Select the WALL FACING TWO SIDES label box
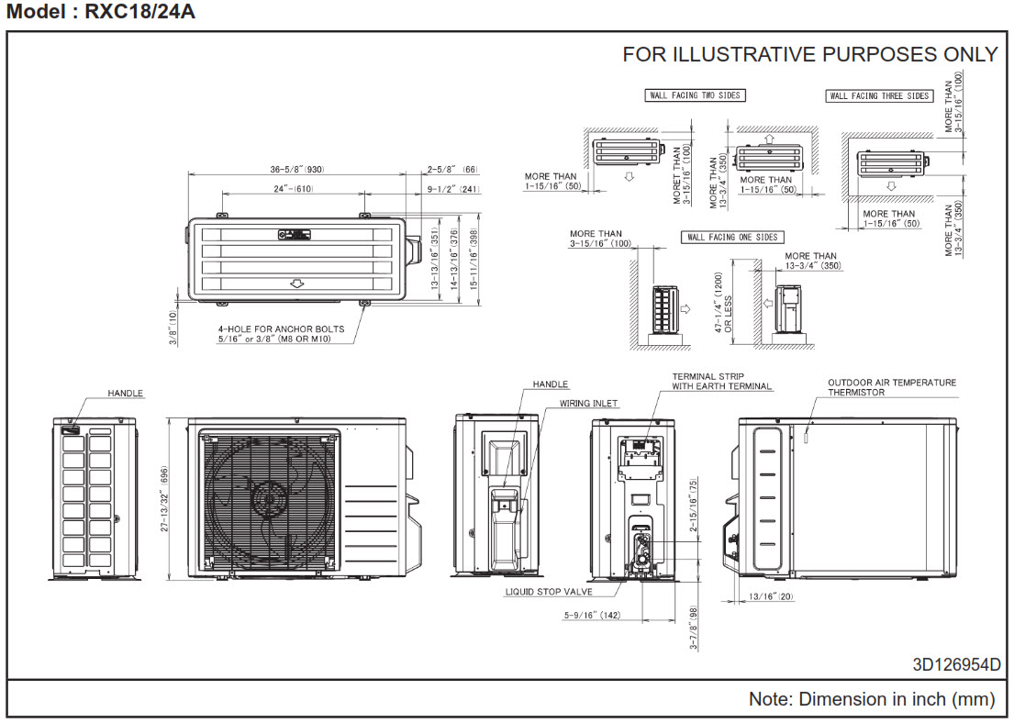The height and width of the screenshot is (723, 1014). coord(694,95)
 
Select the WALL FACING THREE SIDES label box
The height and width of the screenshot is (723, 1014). coord(879,96)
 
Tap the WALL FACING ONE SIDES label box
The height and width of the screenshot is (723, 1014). coord(732,238)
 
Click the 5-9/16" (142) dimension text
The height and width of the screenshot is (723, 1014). coord(593,616)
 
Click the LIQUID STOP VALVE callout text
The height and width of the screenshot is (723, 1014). coord(549,592)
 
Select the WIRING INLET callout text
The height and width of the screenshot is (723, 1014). coord(588,403)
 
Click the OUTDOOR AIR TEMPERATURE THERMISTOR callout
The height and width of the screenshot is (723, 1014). coord(891,387)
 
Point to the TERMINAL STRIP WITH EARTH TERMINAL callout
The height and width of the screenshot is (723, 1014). coord(722,382)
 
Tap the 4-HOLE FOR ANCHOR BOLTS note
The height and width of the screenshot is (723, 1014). coord(281,334)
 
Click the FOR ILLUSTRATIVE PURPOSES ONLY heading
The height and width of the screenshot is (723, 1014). coord(809,54)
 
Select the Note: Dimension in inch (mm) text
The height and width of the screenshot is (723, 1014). coord(871,699)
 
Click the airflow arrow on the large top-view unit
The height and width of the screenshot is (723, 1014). coord(296,284)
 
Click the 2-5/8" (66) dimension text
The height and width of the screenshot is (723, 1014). coord(452,170)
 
